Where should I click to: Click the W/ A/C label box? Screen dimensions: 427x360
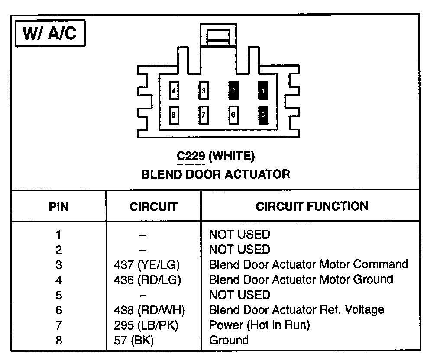click(49, 34)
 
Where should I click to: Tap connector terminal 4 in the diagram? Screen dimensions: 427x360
click(173, 91)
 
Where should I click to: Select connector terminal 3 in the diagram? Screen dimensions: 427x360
click(204, 91)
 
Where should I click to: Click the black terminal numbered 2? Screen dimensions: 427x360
click(233, 91)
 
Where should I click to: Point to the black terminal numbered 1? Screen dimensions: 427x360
click(263, 91)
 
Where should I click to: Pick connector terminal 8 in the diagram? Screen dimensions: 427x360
click(173, 115)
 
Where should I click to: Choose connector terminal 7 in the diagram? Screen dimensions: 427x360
click(204, 115)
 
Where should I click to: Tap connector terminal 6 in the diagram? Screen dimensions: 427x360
click(233, 115)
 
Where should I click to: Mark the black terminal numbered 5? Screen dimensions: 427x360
click(263, 115)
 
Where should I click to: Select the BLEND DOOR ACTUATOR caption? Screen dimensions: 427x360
click(216, 174)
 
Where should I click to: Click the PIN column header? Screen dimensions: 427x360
click(58, 207)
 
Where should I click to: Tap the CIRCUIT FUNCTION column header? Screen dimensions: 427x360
click(312, 206)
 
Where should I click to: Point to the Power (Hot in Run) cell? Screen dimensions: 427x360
click(259, 325)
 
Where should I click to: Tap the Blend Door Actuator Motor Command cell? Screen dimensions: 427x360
click(308, 264)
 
